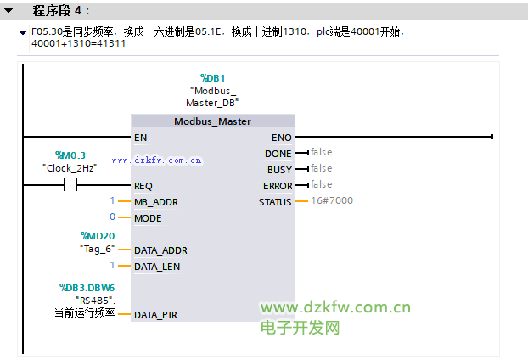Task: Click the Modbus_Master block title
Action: (x=212, y=121)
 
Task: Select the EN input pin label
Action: (x=140, y=138)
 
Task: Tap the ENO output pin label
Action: (x=282, y=138)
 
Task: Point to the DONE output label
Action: (x=278, y=154)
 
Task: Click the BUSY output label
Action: (x=279, y=170)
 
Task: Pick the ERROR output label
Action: (x=278, y=186)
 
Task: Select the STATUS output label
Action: (x=275, y=202)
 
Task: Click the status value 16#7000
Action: (x=332, y=200)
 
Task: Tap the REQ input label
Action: (x=143, y=186)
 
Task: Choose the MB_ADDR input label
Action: (x=156, y=202)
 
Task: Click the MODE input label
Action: (x=148, y=218)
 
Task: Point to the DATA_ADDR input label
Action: (x=160, y=250)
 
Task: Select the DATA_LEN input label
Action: (x=157, y=267)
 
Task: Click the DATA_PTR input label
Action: (x=155, y=315)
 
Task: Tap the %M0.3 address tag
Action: (x=70, y=155)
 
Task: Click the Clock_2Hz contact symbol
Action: (x=70, y=185)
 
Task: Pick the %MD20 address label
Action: (x=98, y=236)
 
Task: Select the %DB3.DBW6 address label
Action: (x=87, y=288)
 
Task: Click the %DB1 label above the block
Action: (x=212, y=78)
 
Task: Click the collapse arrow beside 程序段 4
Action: (x=8, y=11)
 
